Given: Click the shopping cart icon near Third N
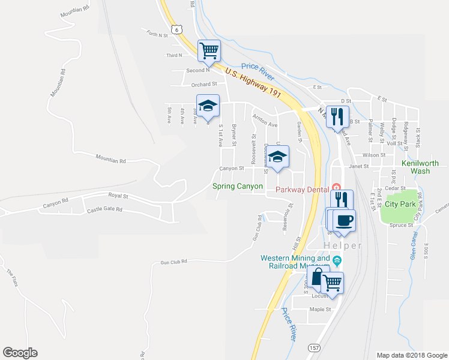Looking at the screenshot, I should click(208, 50).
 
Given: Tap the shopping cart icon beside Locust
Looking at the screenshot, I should click(332, 281).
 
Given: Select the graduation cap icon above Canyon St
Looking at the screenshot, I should click(277, 157).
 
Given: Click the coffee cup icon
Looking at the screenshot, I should click(345, 220).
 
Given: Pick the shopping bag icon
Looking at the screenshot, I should click(317, 277).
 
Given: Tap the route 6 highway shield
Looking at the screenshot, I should click(175, 29).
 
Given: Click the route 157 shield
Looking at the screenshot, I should click(313, 348).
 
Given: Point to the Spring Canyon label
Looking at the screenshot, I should click(238, 187).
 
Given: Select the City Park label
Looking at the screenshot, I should click(400, 203).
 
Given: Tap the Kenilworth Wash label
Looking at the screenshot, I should click(420, 167).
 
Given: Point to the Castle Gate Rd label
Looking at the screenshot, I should click(104, 209).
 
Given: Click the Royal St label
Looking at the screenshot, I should click(118, 196).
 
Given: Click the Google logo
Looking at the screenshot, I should click(20, 353).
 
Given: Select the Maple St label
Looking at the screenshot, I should click(320, 310).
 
